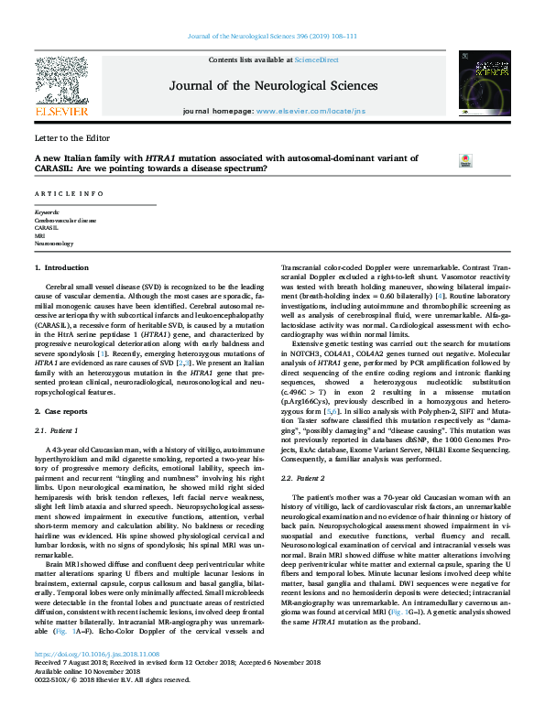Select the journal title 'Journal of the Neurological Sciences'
pyautogui.click(x=273, y=86)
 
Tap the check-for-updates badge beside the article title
pyautogui.click(x=464, y=160)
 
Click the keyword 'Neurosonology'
pyautogui.click(x=55, y=245)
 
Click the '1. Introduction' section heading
pyautogui.click(x=62, y=267)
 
